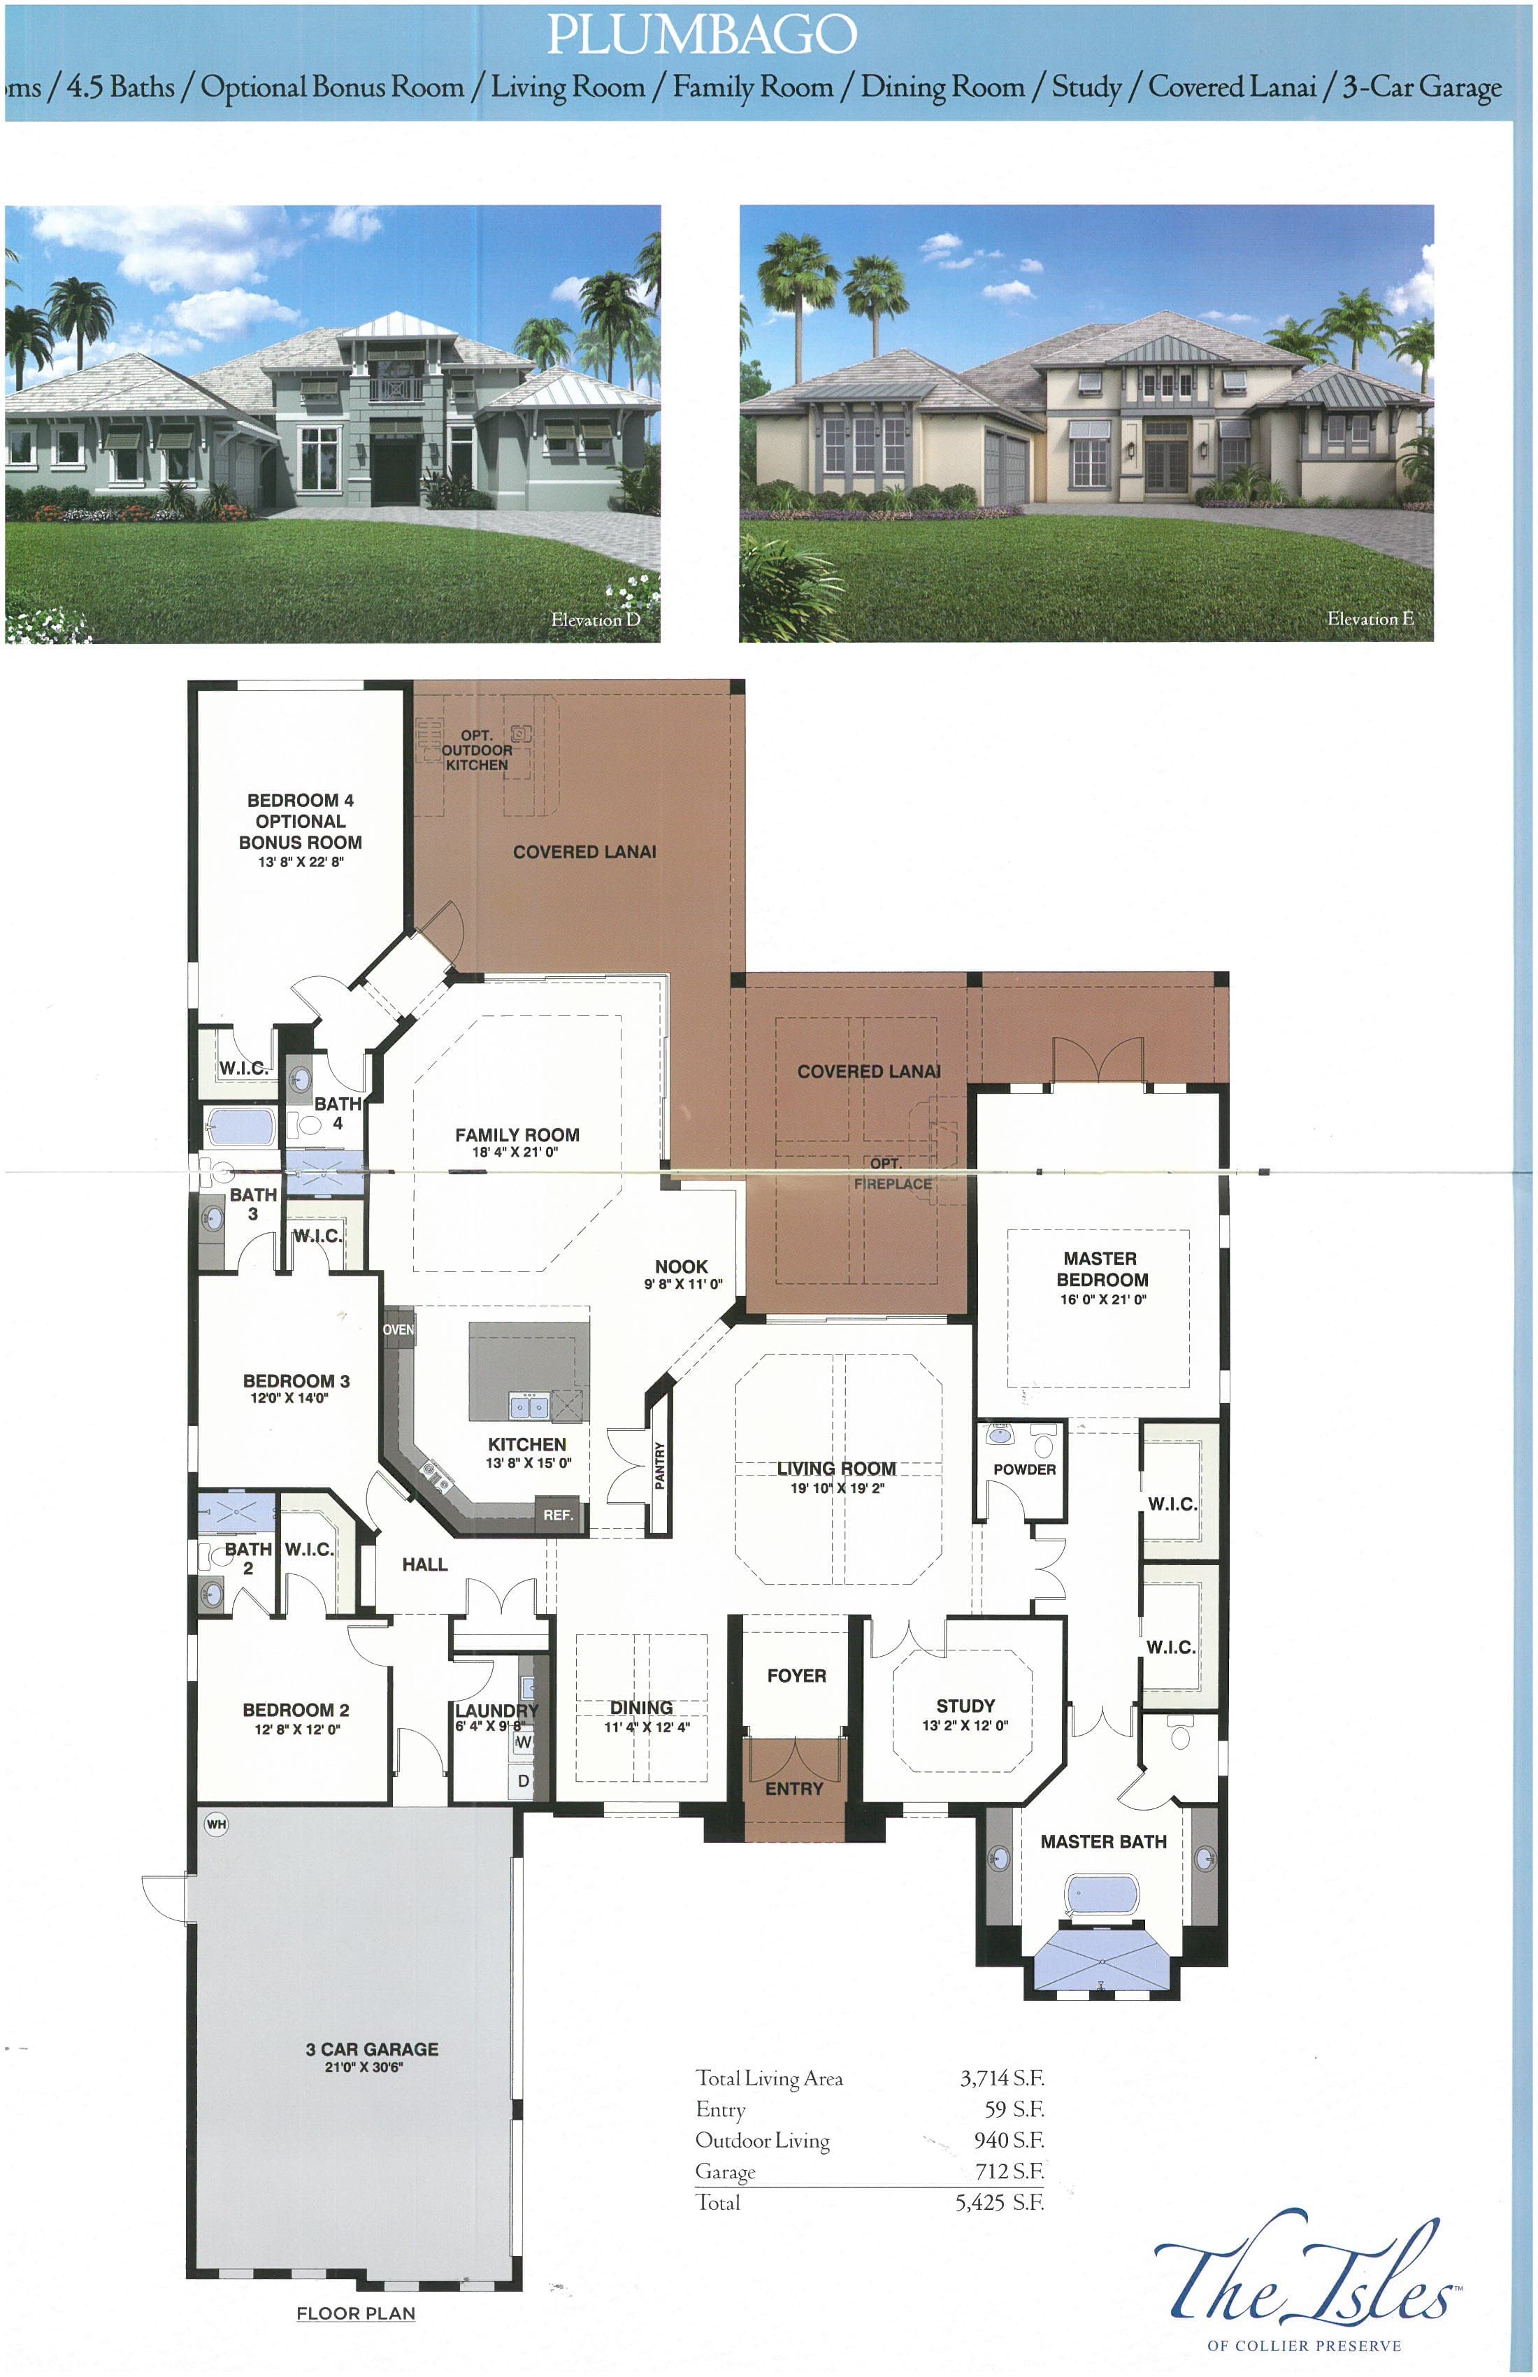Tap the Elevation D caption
(595, 619)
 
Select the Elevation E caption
(1370, 618)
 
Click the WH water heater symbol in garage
(216, 1825)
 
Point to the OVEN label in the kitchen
(398, 1329)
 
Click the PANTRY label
(659, 1465)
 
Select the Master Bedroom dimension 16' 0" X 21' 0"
(1102, 1299)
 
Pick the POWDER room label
(1023, 1469)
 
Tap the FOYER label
(796, 1676)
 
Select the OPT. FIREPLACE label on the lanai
(892, 1173)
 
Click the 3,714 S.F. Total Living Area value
(1002, 2078)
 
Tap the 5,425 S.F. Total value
(1000, 2202)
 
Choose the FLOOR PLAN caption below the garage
(356, 2313)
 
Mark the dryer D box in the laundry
(524, 1780)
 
